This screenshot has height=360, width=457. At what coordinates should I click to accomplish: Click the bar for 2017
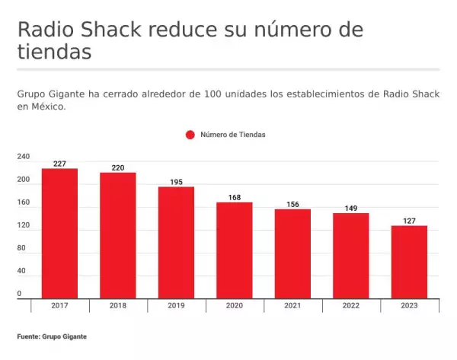click(x=59, y=233)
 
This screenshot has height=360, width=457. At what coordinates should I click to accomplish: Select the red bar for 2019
click(x=176, y=242)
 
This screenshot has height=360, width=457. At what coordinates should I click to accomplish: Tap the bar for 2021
click(x=292, y=253)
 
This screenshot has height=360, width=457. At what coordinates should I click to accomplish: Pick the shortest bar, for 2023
click(x=409, y=262)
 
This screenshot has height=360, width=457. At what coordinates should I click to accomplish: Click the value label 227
click(x=59, y=164)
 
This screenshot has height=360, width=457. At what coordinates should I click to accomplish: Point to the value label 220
click(x=118, y=167)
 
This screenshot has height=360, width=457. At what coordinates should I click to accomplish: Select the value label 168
click(x=235, y=198)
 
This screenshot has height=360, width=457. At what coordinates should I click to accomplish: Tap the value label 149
click(x=351, y=209)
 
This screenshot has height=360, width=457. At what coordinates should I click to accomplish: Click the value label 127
click(x=409, y=221)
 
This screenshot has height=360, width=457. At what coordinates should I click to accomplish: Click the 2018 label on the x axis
click(x=118, y=305)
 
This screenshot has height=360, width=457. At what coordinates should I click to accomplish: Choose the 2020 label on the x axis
click(x=235, y=305)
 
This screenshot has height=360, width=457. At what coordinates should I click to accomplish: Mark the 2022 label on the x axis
click(x=351, y=305)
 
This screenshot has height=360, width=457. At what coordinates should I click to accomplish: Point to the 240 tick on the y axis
click(x=24, y=157)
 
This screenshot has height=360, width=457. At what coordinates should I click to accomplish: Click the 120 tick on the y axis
click(x=24, y=225)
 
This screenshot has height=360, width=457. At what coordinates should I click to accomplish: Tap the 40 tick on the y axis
click(x=22, y=271)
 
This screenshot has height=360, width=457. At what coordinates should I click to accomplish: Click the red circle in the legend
click(x=190, y=135)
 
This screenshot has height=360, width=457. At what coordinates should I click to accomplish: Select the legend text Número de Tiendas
click(x=232, y=135)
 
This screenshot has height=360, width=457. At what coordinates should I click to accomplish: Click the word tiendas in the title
click(x=54, y=53)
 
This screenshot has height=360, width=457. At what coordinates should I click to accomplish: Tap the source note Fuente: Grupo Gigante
click(x=52, y=336)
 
